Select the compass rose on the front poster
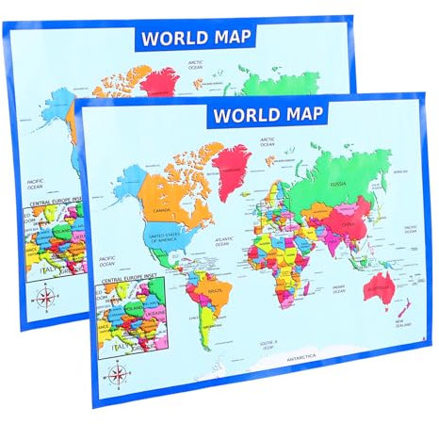pos(119,374)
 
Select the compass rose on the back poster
pos(43,298)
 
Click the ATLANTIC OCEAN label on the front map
pos(225,241)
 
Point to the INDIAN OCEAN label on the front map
pos(338,288)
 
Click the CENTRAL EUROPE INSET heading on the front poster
pos(127,280)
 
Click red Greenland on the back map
pos(159,81)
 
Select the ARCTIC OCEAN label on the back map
pos(196,66)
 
